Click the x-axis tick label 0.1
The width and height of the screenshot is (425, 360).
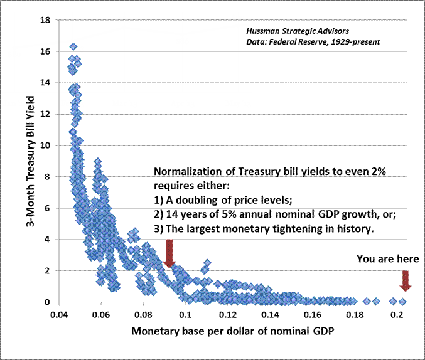point(185,315)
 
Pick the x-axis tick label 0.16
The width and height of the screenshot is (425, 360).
point(312,315)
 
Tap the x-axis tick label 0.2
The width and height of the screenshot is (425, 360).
point(397,315)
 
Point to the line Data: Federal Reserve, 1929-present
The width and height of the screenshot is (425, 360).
point(309,42)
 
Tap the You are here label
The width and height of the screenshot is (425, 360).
point(387,258)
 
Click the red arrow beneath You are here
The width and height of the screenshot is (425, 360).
point(406,280)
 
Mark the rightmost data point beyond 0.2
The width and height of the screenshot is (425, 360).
point(403,302)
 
